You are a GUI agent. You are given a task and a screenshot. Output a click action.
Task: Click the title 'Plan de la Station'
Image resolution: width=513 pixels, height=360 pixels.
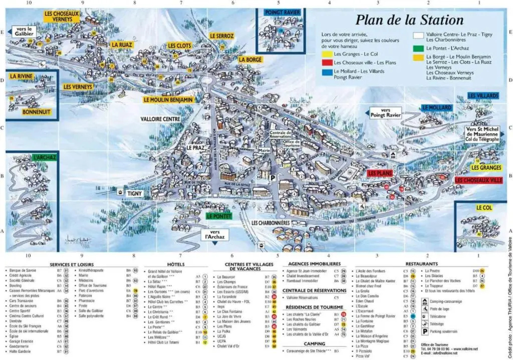(x=409, y=20)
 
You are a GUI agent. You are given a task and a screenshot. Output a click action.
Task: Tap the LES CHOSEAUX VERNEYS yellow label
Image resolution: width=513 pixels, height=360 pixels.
(x=62, y=16)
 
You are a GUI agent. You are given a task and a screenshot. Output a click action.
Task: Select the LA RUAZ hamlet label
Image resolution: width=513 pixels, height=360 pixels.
(x=122, y=45)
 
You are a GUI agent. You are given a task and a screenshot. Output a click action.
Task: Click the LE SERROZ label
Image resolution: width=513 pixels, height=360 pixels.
(x=222, y=36)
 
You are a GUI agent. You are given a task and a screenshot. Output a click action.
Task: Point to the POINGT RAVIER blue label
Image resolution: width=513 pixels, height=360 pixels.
(x=282, y=13)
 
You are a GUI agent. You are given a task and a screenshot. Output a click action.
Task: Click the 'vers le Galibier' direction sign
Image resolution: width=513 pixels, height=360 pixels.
(x=24, y=31)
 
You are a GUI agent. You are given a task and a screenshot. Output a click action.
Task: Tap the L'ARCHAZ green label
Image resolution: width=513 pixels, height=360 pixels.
(x=44, y=157)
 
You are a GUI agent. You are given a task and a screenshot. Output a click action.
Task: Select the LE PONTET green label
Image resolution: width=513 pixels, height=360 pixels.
(x=219, y=216)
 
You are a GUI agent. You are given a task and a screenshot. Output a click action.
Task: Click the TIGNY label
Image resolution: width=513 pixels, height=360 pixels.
(x=134, y=193)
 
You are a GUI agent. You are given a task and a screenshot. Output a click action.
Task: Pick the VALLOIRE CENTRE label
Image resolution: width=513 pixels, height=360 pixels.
(x=160, y=119)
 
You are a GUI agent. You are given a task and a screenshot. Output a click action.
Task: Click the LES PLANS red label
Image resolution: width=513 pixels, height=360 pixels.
(x=380, y=173)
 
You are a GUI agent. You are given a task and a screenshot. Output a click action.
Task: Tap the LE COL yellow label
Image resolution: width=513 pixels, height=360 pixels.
(x=484, y=208)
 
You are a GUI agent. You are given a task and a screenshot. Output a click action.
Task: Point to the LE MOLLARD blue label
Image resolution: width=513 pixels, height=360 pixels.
(x=436, y=108)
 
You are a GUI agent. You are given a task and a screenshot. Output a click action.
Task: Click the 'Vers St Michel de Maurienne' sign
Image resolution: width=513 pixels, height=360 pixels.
(x=482, y=134)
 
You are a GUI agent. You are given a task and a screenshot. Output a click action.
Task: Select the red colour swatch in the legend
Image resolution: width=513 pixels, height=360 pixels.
(x=327, y=63)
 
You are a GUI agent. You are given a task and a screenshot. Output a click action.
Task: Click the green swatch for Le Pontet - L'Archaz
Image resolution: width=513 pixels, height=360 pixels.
(x=418, y=48)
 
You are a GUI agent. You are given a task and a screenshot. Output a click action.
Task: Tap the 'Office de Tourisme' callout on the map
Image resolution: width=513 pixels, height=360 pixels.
(x=291, y=143)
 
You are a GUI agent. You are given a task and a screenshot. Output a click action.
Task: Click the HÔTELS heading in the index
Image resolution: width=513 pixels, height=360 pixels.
(x=176, y=264)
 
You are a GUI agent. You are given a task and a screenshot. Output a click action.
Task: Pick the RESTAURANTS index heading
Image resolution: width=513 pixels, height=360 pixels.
(x=421, y=264)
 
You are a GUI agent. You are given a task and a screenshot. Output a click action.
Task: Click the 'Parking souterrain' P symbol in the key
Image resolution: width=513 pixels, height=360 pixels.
(x=425, y=331)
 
